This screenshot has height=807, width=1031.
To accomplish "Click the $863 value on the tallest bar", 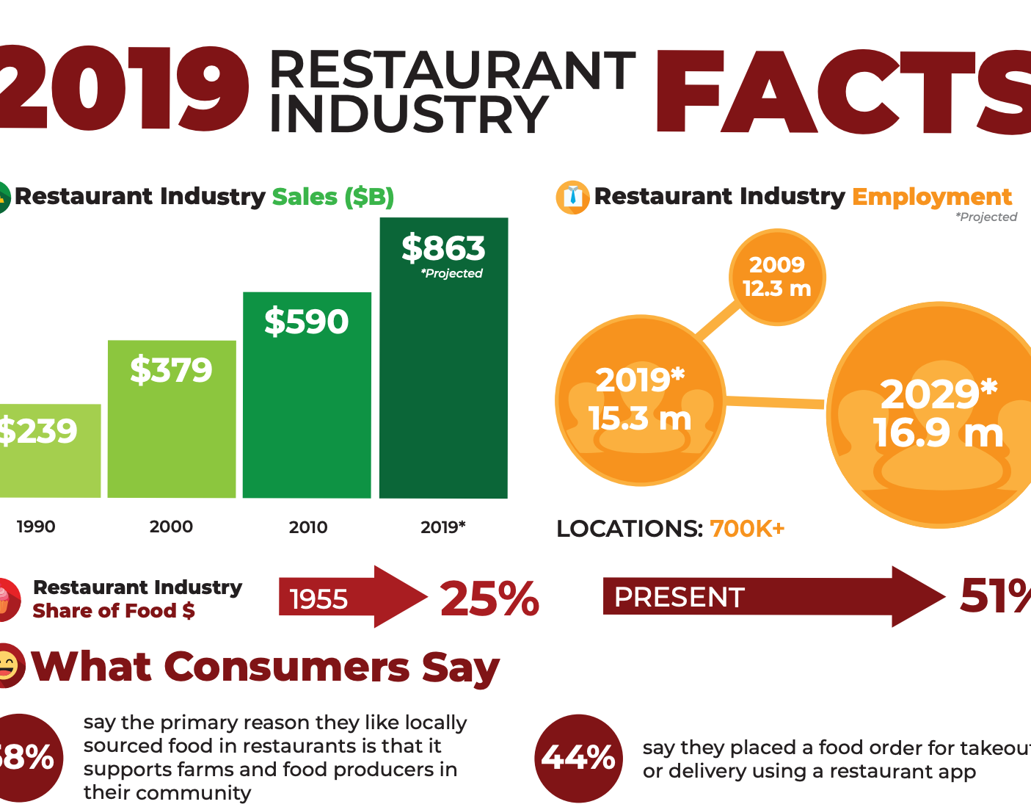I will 443,248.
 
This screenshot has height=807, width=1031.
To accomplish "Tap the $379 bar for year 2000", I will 172,419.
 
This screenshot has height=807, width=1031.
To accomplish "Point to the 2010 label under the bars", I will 308,526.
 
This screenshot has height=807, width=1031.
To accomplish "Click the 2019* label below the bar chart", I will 442,526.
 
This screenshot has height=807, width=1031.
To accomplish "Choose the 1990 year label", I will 36,526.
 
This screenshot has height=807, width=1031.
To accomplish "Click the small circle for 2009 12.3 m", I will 777,277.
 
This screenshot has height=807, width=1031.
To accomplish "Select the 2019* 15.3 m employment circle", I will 640,400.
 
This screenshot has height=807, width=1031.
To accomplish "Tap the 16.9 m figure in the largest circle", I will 938,433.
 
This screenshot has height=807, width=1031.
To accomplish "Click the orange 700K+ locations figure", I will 747,529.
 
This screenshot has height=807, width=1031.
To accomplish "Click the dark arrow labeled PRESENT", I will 770,597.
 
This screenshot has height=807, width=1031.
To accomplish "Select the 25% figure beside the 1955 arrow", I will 489,598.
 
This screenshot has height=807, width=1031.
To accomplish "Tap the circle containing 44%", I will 579,758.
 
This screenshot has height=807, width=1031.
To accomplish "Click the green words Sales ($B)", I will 333,197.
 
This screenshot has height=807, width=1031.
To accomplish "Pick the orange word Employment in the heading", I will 931,197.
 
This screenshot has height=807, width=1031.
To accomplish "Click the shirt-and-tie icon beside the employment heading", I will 572,198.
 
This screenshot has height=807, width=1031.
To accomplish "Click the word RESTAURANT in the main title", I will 452,71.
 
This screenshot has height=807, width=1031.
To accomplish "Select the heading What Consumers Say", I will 265,667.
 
